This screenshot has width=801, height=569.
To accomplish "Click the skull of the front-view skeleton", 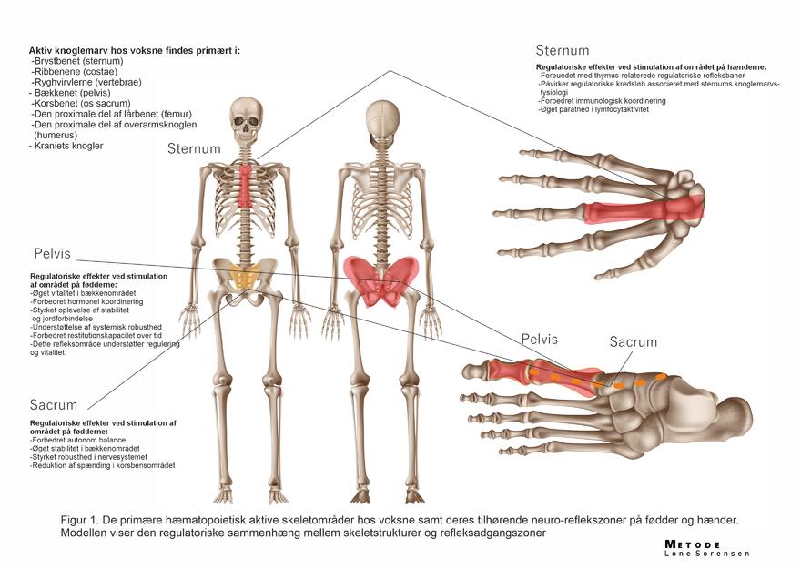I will [243, 116].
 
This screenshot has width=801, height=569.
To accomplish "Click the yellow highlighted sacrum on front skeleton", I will [243, 276].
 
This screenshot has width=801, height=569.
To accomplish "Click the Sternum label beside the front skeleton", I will [194, 148].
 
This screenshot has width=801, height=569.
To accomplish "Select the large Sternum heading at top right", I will [562, 50].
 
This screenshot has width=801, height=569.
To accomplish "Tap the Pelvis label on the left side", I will [52, 253].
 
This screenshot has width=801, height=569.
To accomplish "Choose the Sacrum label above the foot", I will [633, 342].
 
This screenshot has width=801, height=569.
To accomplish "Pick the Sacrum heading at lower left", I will [53, 404].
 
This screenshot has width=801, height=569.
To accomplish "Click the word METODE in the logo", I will [693, 544].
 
